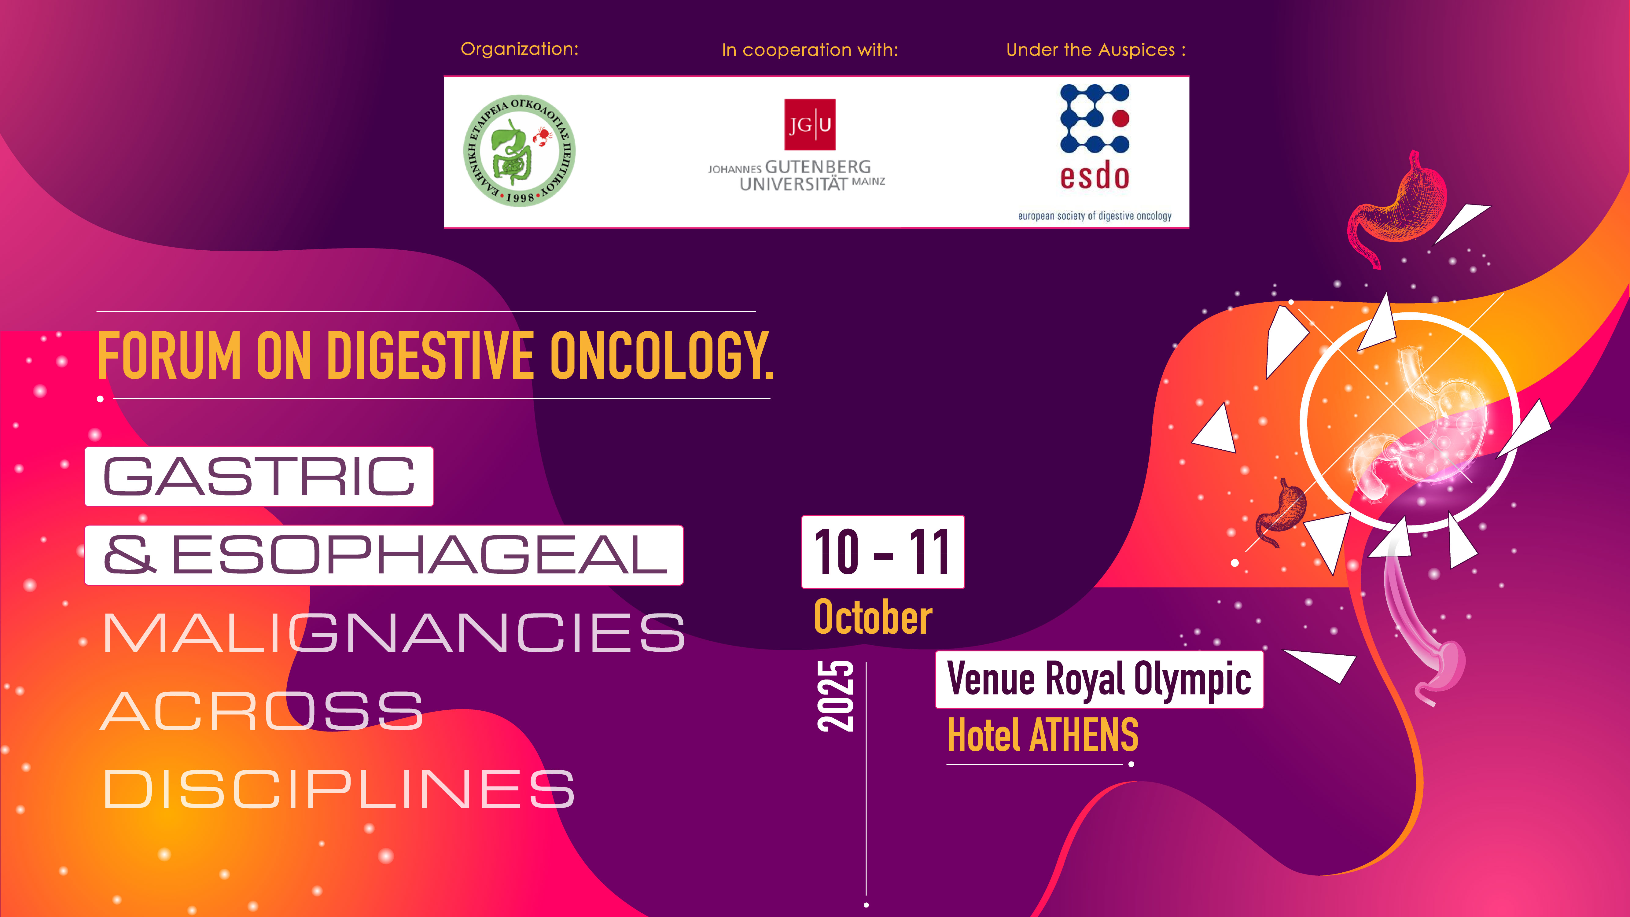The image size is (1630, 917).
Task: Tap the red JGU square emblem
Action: (809, 124)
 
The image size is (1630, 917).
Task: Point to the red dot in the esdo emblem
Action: (1120, 118)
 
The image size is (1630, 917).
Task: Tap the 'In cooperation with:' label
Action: (810, 50)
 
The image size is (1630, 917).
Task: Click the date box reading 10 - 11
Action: (883, 552)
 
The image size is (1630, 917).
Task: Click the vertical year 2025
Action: (835, 696)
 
